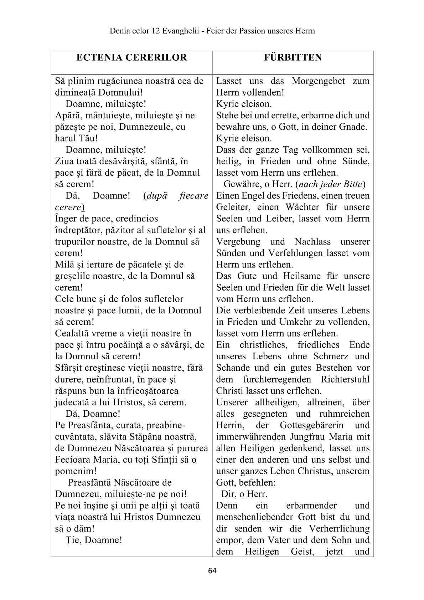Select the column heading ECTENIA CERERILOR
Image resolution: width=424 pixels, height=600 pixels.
[131, 57]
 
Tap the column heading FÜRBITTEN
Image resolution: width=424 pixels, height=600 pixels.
[293, 57]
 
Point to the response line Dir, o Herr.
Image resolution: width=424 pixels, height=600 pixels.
[244, 494]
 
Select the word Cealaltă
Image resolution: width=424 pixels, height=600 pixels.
[75, 333]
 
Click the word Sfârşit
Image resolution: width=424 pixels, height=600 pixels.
[69, 368]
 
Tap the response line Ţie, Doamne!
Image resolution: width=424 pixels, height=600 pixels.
[94, 540]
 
